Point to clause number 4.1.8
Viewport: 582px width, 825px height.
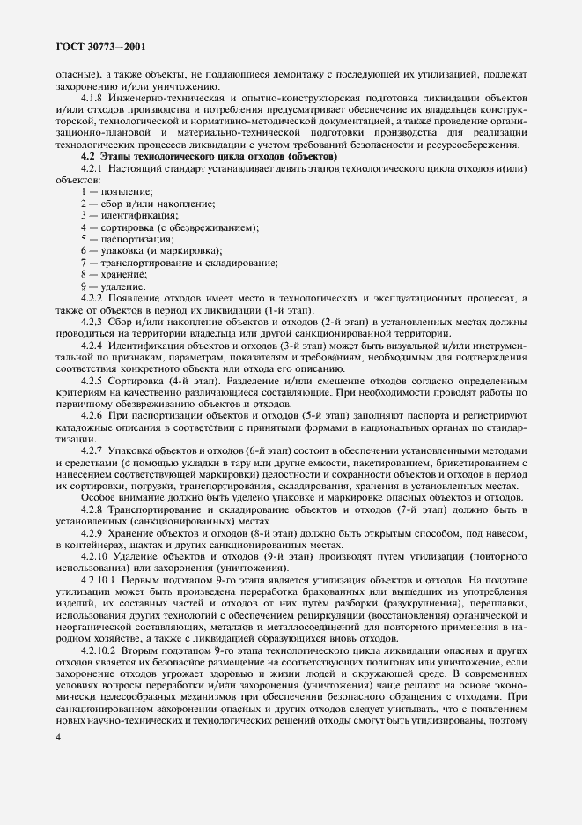[x=92, y=97]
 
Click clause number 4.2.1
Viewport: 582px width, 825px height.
[x=92, y=167]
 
